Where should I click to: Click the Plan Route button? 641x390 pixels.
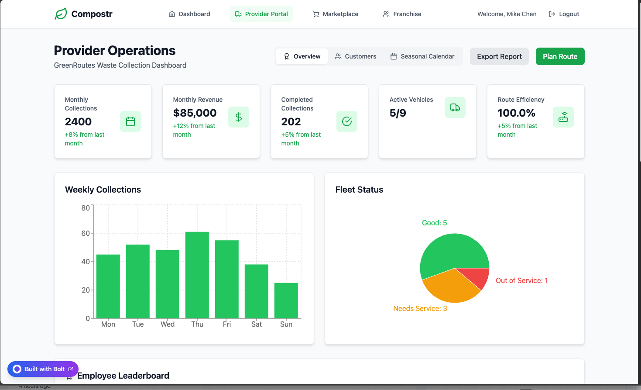pyautogui.click(x=560, y=56)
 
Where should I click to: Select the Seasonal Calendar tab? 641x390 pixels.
pyautogui.click(x=422, y=56)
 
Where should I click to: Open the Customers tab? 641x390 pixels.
pyautogui.click(x=356, y=56)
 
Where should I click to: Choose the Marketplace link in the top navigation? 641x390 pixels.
pyautogui.click(x=336, y=14)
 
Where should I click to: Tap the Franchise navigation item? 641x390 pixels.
pyautogui.click(x=402, y=14)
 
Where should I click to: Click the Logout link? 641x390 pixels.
pyautogui.click(x=564, y=14)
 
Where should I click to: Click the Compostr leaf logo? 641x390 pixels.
pyautogui.click(x=61, y=14)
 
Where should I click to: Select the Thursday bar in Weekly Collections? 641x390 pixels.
pyautogui.click(x=197, y=275)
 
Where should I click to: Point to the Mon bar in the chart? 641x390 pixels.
pyautogui.click(x=108, y=286)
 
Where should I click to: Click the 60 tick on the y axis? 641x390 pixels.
pyautogui.click(x=86, y=233)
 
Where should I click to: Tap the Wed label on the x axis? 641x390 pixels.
pyautogui.click(x=168, y=324)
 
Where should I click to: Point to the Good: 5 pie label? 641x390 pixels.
pyautogui.click(x=434, y=223)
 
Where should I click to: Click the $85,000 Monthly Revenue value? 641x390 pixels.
pyautogui.click(x=195, y=113)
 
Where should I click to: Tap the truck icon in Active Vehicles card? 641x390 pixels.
pyautogui.click(x=455, y=107)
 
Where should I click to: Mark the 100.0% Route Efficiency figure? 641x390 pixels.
pyautogui.click(x=516, y=113)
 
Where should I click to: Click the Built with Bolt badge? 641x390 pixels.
pyautogui.click(x=43, y=369)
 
